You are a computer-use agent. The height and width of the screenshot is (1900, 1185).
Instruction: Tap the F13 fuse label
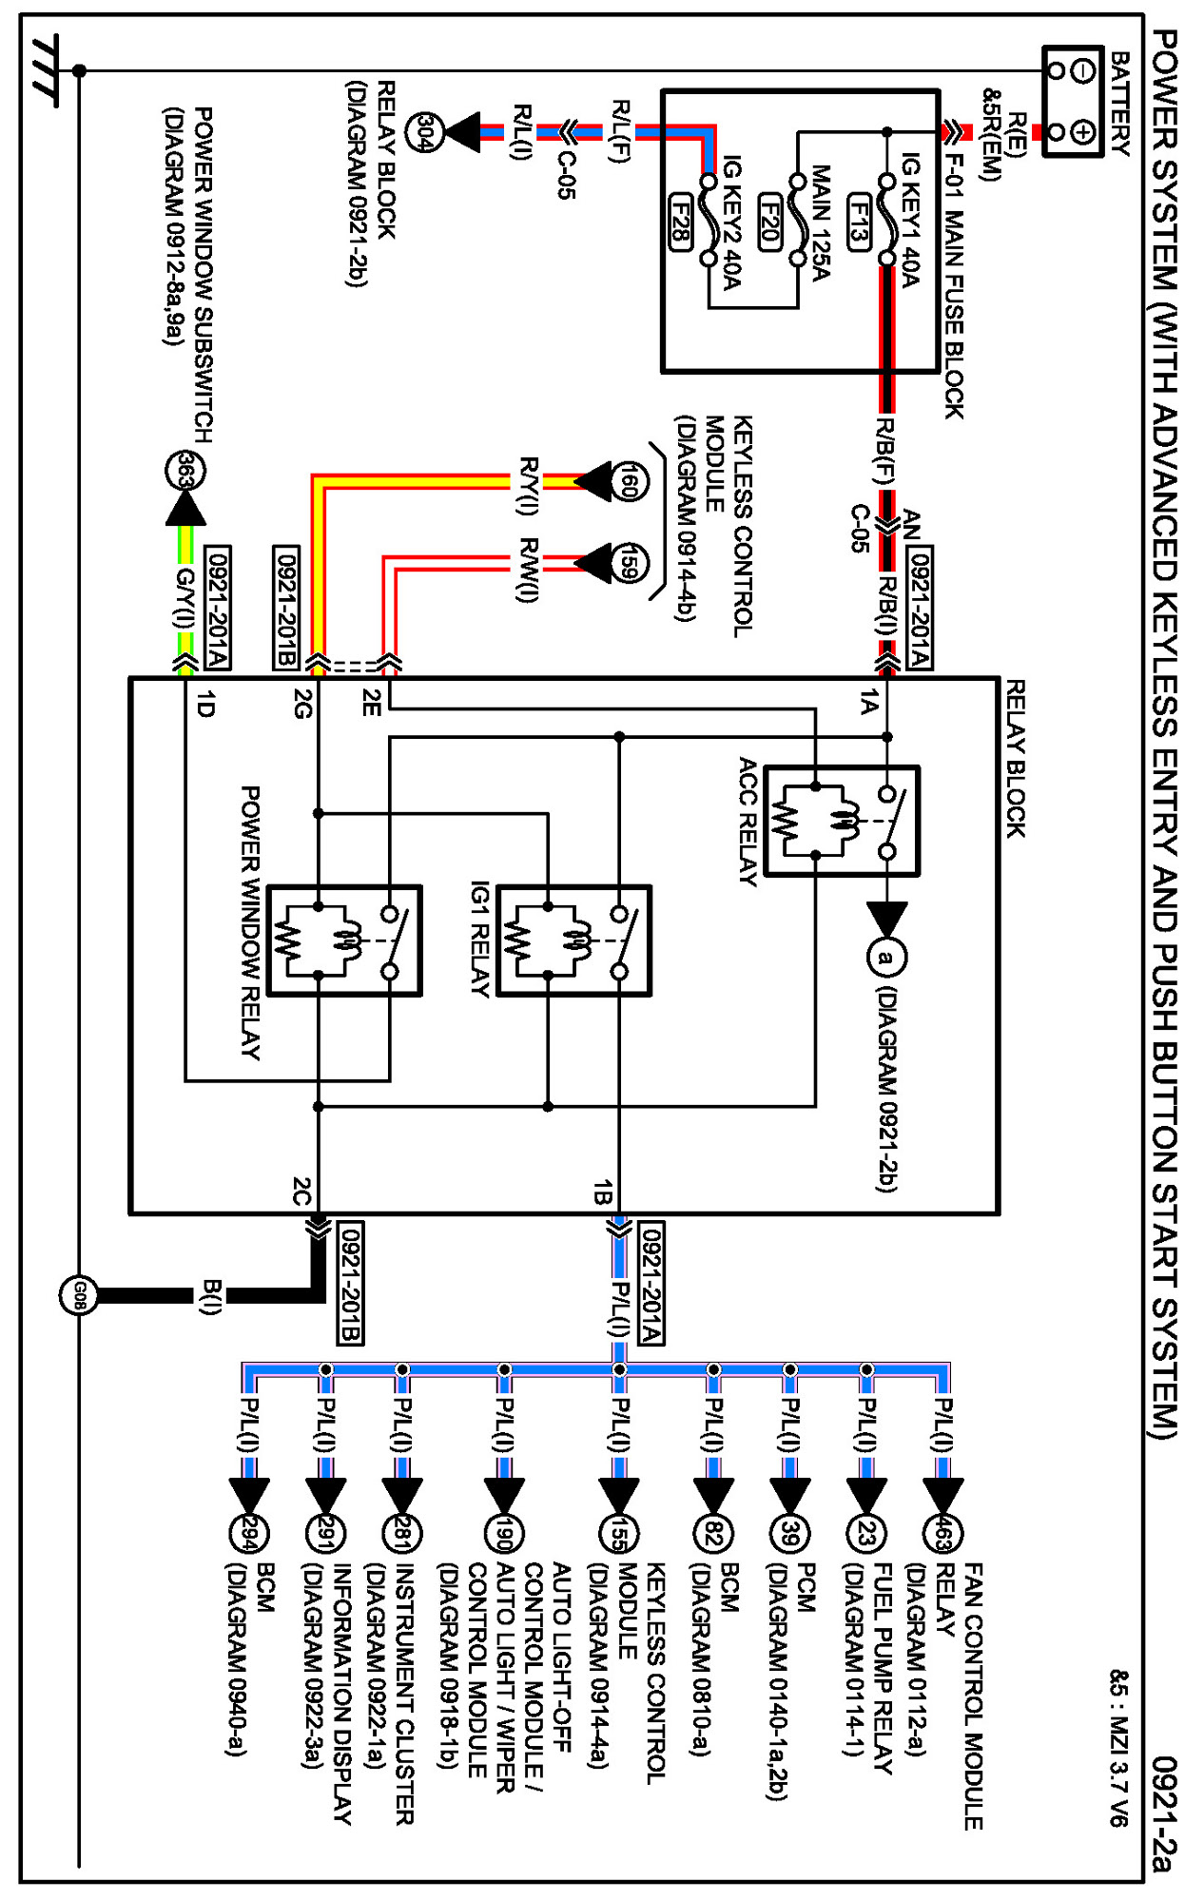pos(858,221)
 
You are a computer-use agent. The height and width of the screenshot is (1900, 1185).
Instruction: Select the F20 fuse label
pos(770,222)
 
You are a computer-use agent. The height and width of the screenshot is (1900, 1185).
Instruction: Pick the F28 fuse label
pos(680,221)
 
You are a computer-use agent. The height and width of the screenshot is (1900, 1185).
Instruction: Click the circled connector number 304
pos(425,132)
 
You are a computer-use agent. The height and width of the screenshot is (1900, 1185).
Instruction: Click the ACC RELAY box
pos(842,821)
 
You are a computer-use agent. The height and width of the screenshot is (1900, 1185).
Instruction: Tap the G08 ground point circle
pos(79,1295)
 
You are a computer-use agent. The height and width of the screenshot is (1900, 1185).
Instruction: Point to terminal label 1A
pos(868,704)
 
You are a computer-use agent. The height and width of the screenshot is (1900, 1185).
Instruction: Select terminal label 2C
pos(301,1192)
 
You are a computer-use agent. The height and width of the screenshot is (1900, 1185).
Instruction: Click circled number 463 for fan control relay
pos(942,1533)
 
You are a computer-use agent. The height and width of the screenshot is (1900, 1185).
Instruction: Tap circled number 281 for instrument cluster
pos(402,1533)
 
